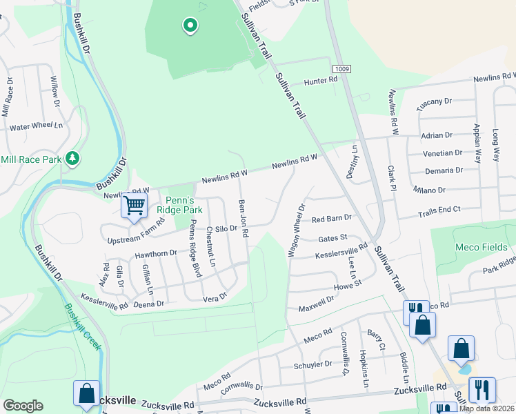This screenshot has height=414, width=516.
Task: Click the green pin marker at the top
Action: [x=190, y=27]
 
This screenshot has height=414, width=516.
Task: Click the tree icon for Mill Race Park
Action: [x=72, y=159]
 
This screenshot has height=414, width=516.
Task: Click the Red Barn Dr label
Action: [x=332, y=219]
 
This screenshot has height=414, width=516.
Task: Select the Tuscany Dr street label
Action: [x=434, y=102]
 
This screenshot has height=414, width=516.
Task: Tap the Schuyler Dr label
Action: [x=314, y=364]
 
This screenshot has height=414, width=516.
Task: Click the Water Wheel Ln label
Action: [x=36, y=126]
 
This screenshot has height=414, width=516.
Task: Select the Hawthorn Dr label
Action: [x=156, y=254]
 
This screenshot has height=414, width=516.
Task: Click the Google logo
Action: [x=23, y=406]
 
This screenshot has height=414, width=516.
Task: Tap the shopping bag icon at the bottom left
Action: [x=87, y=393]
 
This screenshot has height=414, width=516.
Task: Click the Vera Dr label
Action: [x=215, y=297]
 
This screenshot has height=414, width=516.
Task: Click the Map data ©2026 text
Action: [x=487, y=408]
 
